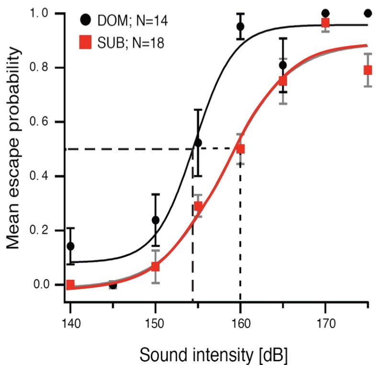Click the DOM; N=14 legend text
130,21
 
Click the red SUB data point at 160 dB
240,149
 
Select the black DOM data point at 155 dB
198,143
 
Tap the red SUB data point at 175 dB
368,70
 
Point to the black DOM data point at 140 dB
70,246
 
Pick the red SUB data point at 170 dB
325,23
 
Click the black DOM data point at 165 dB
283,65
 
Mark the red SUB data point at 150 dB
155,266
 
